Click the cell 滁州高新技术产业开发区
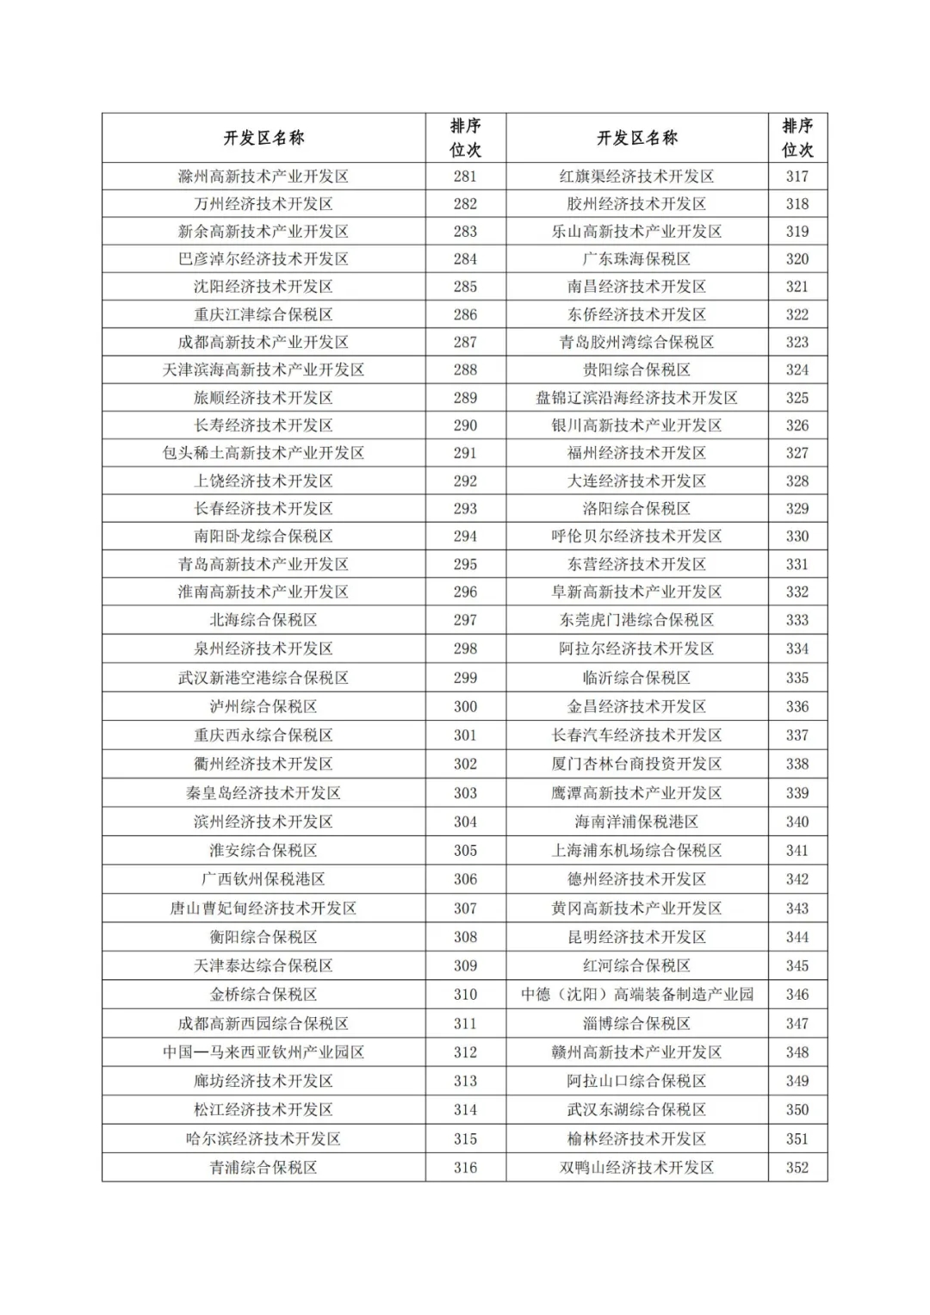click(263, 177)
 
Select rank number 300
click(465, 706)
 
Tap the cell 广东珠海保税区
click(636, 259)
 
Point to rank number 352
click(797, 1168)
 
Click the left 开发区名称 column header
click(263, 138)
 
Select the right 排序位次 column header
click(797, 138)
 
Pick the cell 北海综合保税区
click(263, 620)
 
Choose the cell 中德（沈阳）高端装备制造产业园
click(636, 995)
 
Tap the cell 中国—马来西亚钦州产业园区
click(263, 1052)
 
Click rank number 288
click(465, 370)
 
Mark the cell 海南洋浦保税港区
click(636, 822)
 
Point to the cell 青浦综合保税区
click(263, 1168)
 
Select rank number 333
click(797, 620)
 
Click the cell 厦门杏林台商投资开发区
click(636, 764)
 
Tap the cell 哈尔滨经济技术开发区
click(263, 1138)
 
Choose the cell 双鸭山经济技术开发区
click(636, 1168)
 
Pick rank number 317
click(797, 177)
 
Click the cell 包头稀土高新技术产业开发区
click(263, 453)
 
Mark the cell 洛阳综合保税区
click(636, 509)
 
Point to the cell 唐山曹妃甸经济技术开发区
click(263, 909)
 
